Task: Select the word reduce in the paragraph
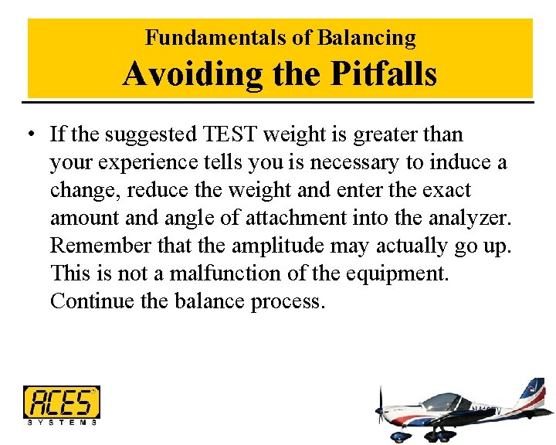tap(158, 190)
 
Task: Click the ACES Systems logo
tap(62, 405)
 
